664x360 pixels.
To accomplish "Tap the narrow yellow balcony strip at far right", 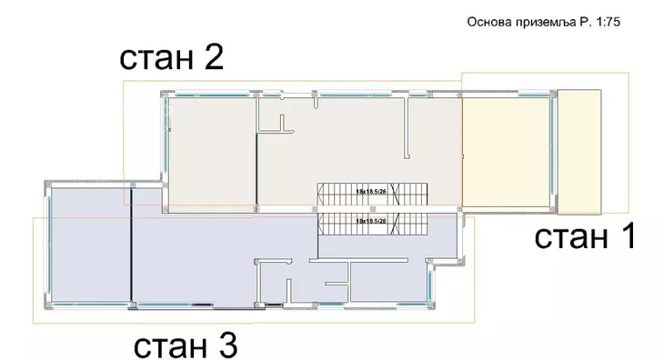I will pyautogui.click(x=578, y=147).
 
